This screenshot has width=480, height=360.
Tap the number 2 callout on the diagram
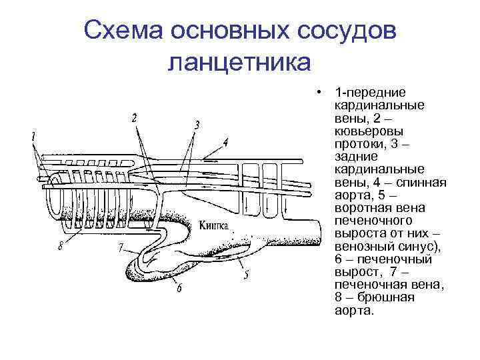click(134, 118)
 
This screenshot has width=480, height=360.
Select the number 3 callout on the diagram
click(197, 125)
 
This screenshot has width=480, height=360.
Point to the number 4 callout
click(225, 143)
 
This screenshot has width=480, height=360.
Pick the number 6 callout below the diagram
click(179, 288)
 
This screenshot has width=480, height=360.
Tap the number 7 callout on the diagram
click(120, 248)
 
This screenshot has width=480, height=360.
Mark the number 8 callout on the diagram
click(61, 245)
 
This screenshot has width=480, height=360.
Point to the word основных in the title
click(230, 31)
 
